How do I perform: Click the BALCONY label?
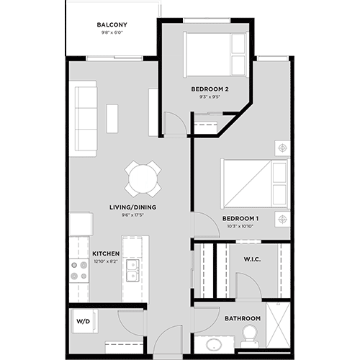(x=112, y=24)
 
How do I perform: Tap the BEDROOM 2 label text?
(x=210, y=89)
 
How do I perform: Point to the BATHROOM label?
(x=242, y=318)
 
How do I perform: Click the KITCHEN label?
(x=105, y=253)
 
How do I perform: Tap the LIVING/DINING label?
(x=132, y=207)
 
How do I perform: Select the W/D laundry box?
(x=84, y=322)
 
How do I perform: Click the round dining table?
(x=143, y=178)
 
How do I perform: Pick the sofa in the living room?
(x=85, y=119)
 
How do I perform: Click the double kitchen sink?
(x=132, y=270)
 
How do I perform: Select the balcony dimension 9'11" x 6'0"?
(x=112, y=33)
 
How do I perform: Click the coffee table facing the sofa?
(x=112, y=119)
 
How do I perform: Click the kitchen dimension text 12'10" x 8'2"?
(x=105, y=261)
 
